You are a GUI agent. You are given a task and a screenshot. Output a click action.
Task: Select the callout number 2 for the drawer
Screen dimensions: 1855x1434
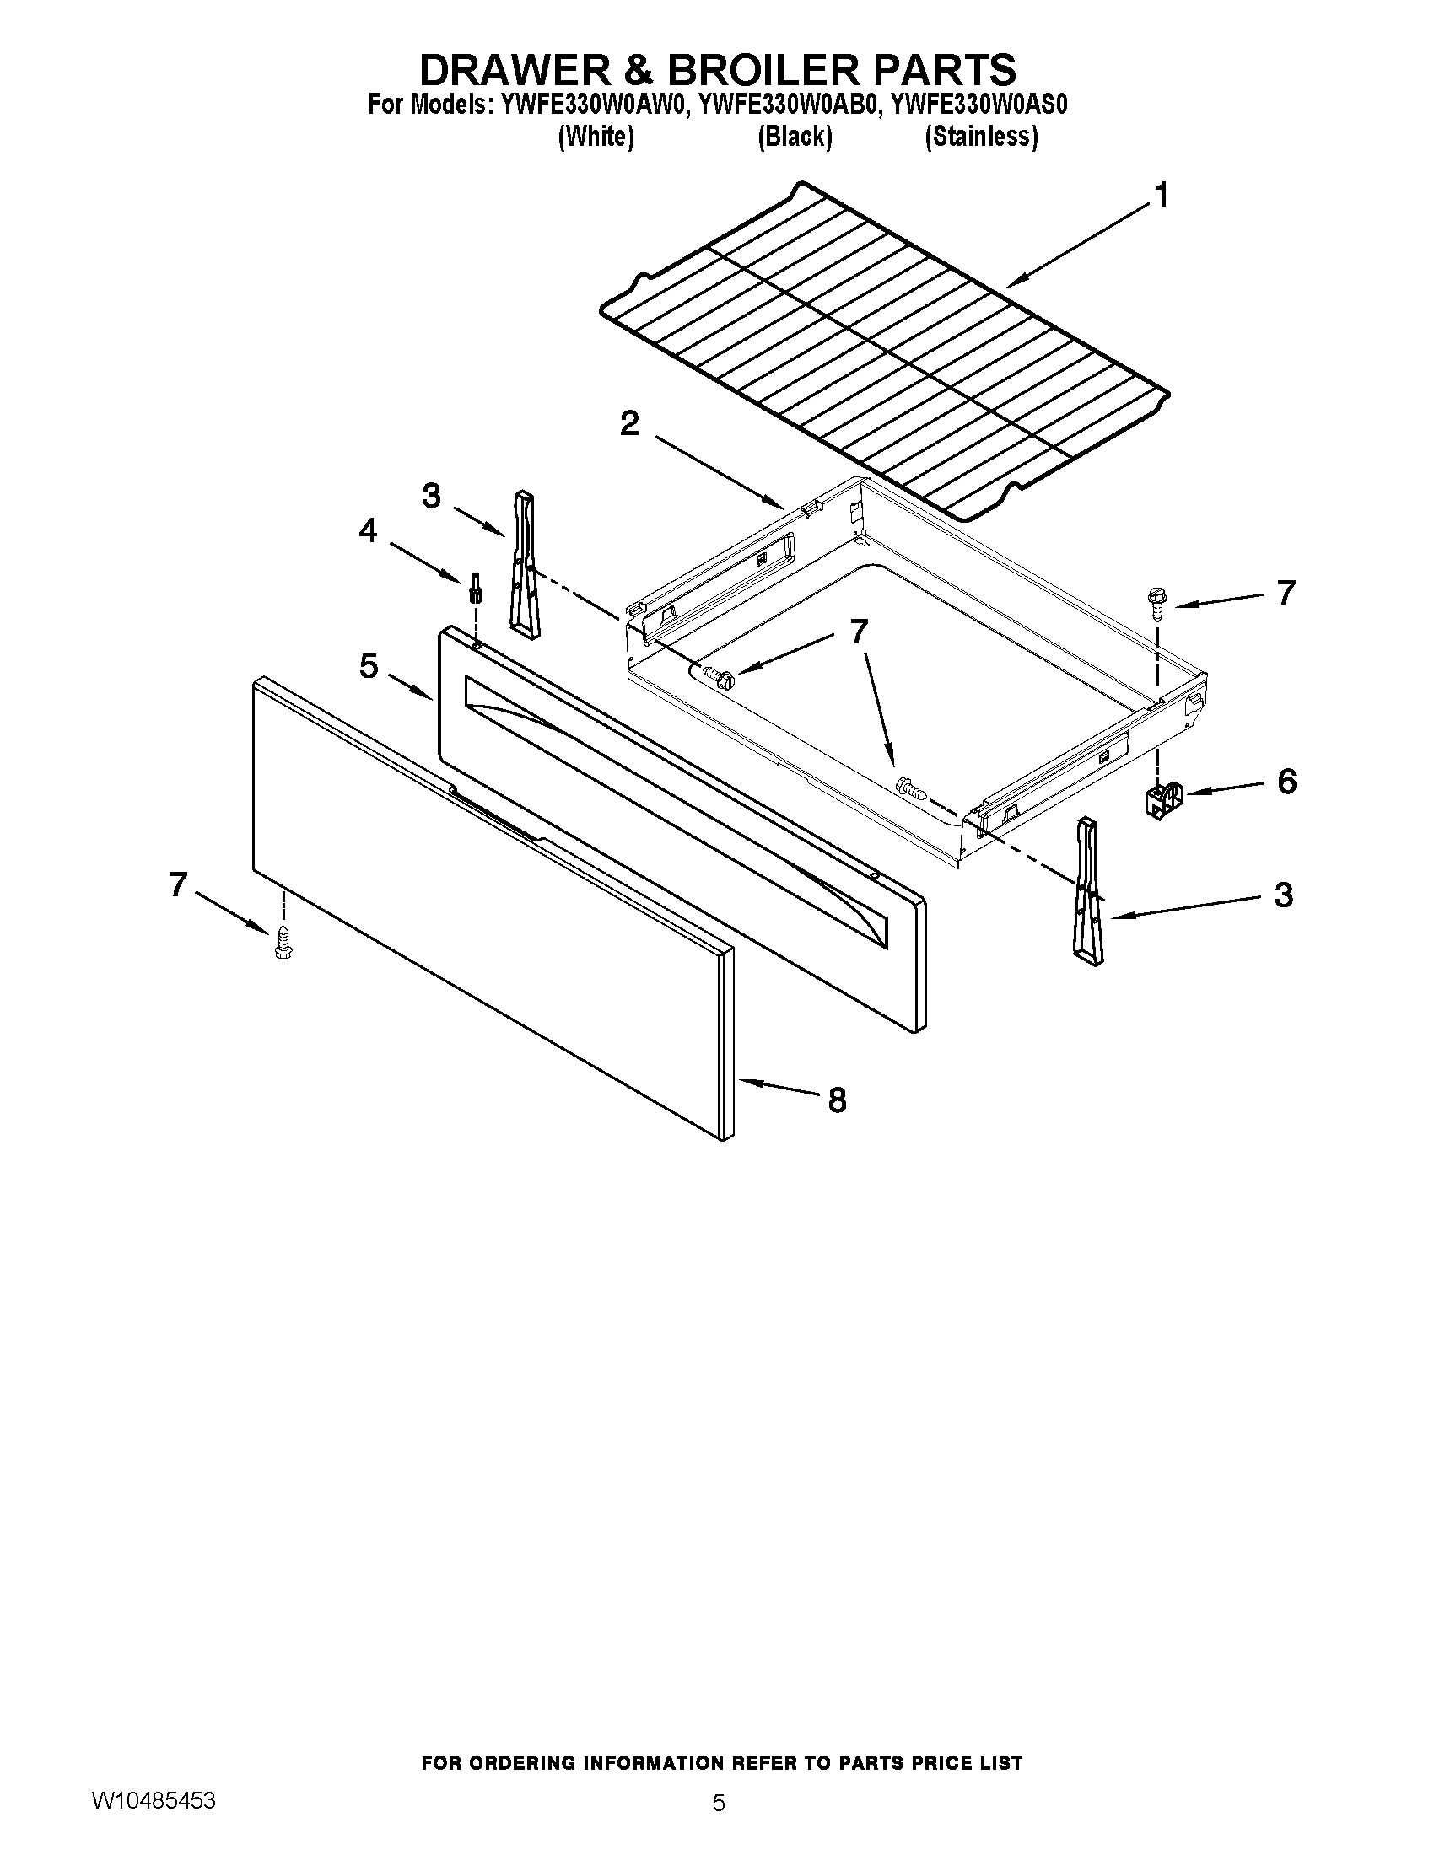pyautogui.click(x=629, y=423)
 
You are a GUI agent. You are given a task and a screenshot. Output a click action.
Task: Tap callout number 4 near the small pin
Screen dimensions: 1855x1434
pyautogui.click(x=366, y=531)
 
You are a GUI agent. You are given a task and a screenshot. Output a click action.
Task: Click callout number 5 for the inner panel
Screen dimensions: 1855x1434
pyautogui.click(x=368, y=666)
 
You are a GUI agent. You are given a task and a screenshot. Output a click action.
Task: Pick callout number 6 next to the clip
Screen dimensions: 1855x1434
pyautogui.click(x=1286, y=781)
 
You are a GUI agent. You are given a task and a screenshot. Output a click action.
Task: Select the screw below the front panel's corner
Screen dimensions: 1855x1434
pyautogui.click(x=283, y=945)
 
